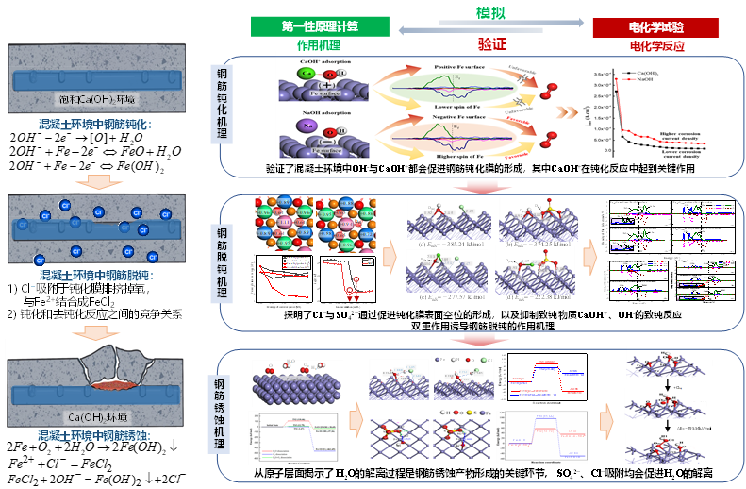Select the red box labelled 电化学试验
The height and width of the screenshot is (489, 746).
[x=655, y=27]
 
